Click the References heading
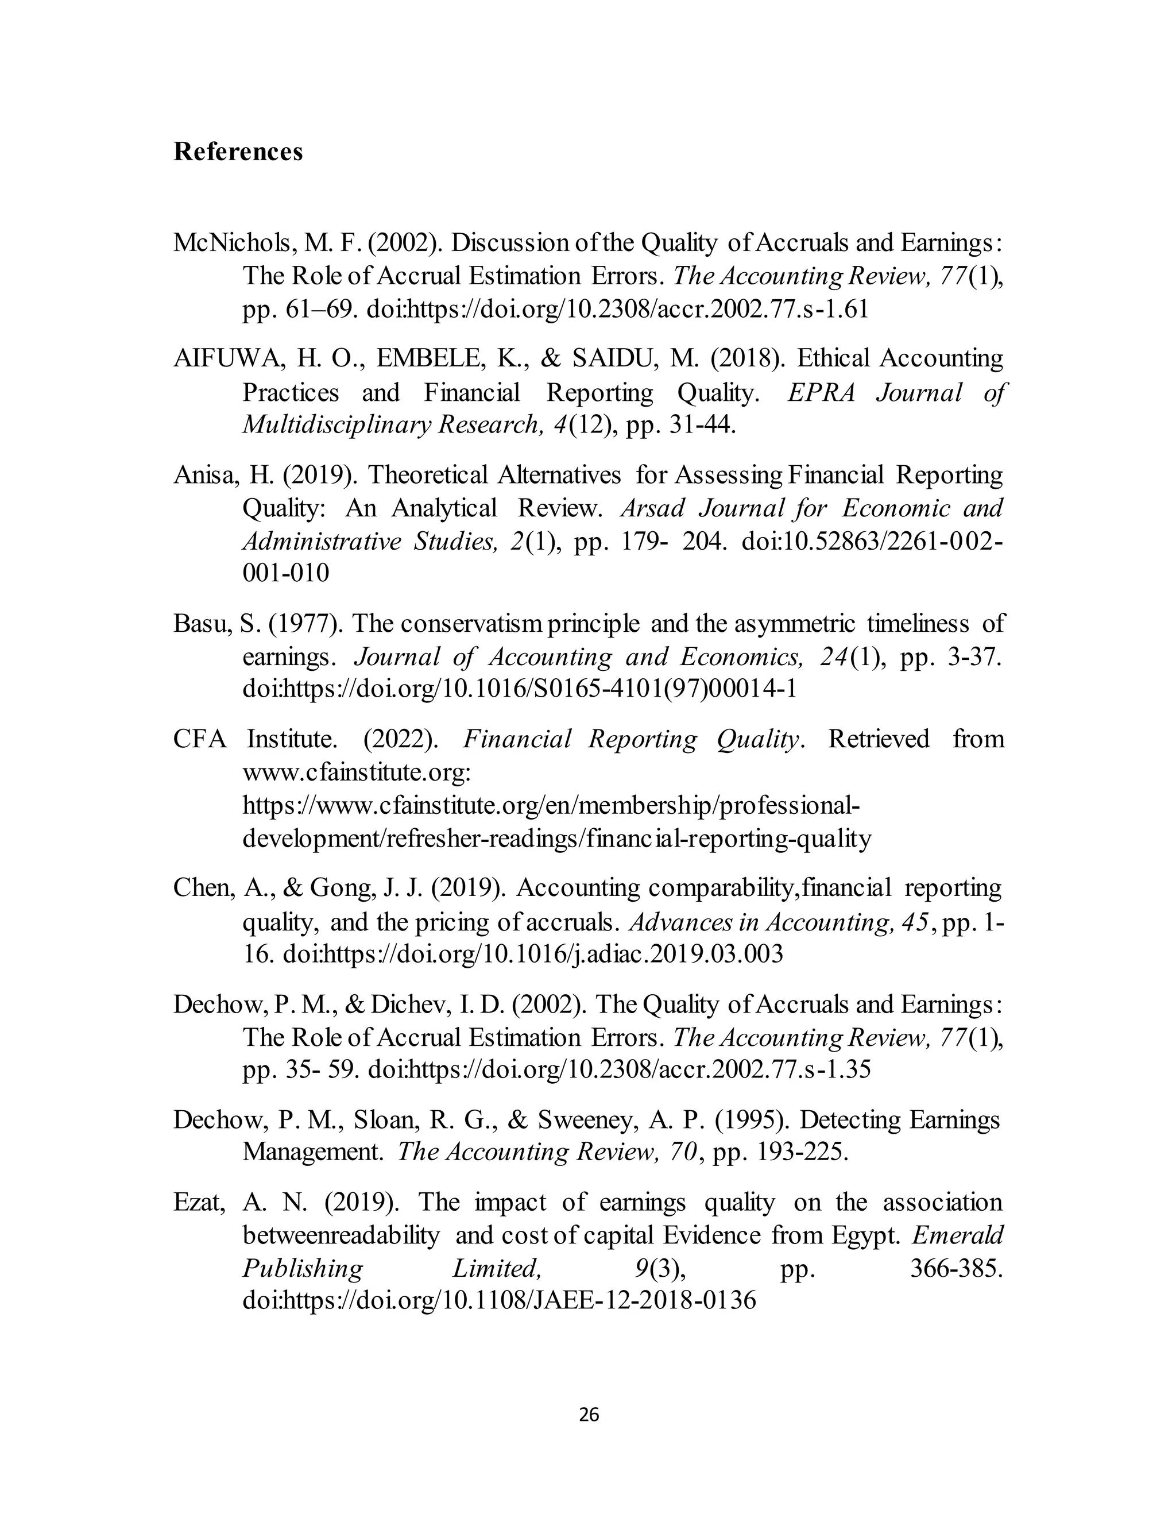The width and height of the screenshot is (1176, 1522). (x=238, y=151)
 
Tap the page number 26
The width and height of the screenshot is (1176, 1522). (x=589, y=1415)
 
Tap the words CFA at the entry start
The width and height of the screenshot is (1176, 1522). (x=200, y=739)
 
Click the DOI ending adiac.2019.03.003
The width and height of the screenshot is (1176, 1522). (x=533, y=953)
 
